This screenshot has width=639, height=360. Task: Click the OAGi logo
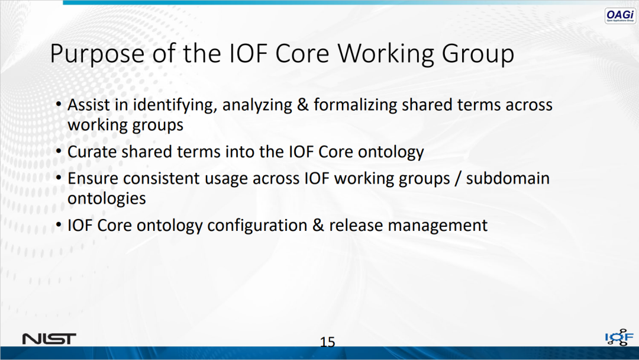620,16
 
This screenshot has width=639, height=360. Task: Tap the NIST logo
49,339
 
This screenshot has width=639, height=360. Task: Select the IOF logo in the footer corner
619,337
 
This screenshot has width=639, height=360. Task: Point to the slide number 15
327,342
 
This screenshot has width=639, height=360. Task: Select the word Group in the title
477,54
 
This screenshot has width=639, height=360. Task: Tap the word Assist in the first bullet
88,105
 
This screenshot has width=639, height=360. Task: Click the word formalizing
356,105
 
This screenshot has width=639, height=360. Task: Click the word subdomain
508,178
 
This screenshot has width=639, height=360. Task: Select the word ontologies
106,199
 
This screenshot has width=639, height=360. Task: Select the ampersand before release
318,226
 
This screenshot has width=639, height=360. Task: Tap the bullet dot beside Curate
59,152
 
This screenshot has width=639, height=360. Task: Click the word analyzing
257,105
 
